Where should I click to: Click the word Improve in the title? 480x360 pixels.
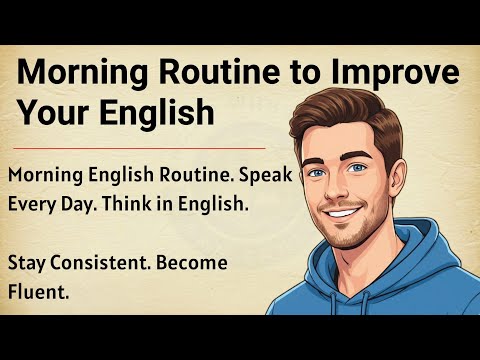coord(394,74)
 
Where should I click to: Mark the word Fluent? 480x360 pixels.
coord(35,294)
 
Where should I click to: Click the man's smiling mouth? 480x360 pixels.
coord(341,213)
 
